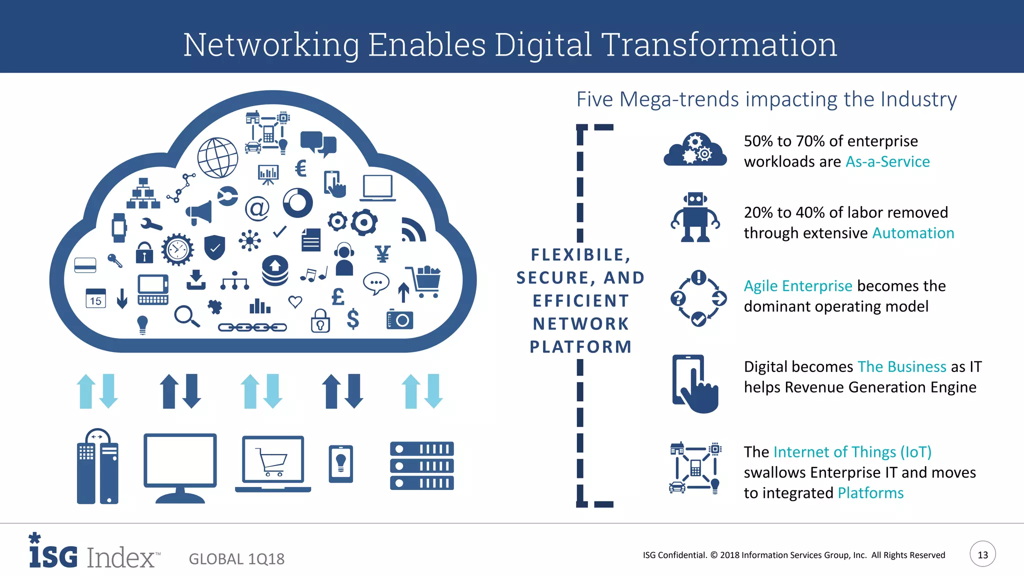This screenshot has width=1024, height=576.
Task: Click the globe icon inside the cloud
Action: tap(217, 157)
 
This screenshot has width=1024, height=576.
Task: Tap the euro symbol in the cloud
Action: tap(300, 168)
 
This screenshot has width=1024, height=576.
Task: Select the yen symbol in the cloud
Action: tap(382, 254)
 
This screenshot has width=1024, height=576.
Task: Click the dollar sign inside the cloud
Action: tap(353, 318)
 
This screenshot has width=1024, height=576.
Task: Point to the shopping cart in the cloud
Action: tap(424, 281)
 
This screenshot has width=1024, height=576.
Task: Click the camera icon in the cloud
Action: tap(400, 319)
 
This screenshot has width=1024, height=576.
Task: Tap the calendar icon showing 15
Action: tap(95, 298)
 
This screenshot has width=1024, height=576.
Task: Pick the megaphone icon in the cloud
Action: tap(199, 213)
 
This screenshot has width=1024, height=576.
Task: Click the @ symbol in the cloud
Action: tap(257, 208)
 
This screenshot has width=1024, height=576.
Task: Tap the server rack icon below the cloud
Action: tap(421, 465)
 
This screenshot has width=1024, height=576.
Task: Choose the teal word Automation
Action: tap(913, 233)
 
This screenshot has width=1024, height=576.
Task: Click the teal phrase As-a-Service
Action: tap(887, 161)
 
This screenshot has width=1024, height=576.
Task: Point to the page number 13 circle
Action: tap(982, 554)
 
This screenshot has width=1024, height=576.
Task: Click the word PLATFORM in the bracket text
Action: tap(580, 346)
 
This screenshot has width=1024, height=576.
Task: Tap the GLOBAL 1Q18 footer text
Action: tap(236, 558)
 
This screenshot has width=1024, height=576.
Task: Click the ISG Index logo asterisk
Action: tap(34, 538)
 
